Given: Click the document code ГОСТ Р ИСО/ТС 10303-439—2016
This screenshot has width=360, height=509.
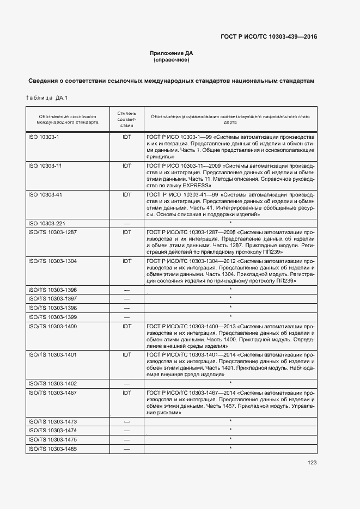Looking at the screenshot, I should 269,37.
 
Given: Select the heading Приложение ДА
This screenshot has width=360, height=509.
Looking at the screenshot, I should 172,53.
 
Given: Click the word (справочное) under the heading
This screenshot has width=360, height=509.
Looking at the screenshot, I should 172,60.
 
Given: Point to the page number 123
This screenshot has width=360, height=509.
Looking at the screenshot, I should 312,462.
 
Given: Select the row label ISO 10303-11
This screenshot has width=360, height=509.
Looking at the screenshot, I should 45,165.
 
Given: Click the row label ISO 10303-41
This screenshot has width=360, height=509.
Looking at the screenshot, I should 45,194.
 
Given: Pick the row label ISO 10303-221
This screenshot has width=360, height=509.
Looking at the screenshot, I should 46,223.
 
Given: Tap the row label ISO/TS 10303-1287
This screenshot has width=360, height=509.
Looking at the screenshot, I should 52,232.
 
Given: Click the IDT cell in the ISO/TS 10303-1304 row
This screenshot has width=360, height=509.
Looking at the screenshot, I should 127,261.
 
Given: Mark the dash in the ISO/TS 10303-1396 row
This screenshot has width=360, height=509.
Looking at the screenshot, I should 127,290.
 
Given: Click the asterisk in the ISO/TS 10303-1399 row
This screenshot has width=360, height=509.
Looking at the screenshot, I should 231,316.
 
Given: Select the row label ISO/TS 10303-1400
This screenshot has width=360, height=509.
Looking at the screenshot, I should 52,326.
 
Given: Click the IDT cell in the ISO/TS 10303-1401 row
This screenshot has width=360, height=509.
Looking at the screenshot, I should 127,354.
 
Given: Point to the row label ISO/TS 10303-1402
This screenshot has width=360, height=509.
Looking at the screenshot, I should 52,383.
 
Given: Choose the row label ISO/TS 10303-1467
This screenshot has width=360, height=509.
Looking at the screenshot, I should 52,393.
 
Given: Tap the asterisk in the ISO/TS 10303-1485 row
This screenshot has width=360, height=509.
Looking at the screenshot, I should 231,448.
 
